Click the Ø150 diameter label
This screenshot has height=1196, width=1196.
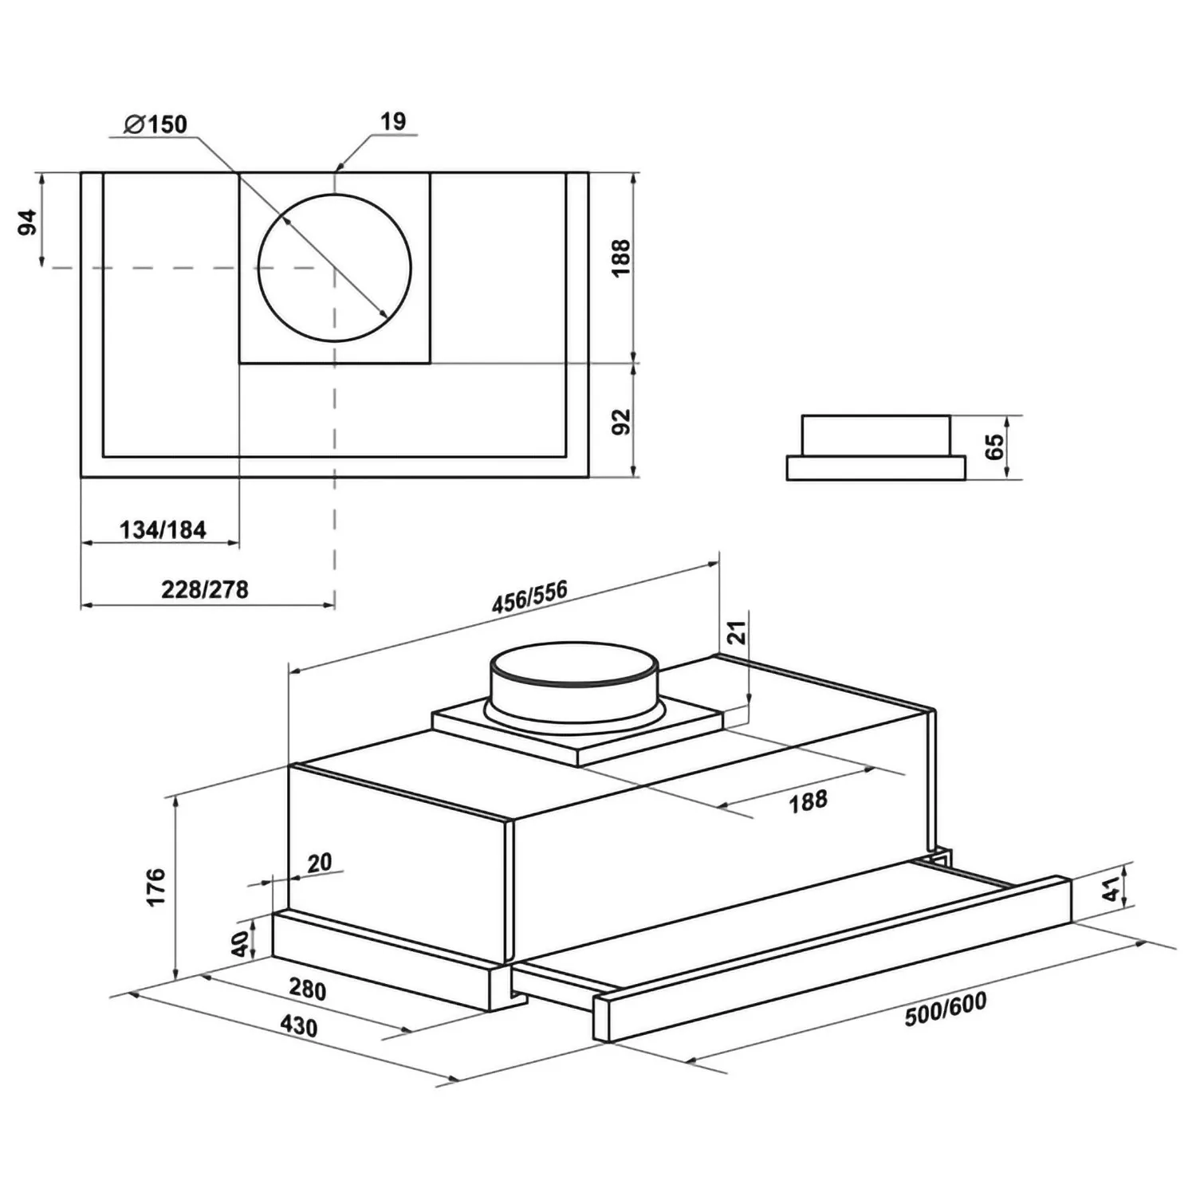point(155,124)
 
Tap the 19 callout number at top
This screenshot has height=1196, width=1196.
point(393,121)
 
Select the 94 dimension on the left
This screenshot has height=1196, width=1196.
point(28,222)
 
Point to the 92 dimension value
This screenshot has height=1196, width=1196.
point(621,421)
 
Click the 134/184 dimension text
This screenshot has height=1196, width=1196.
point(163,529)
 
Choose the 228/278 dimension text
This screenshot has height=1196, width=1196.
point(205,590)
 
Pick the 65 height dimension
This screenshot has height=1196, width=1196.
point(995,447)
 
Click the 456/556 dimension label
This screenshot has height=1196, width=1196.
point(530,596)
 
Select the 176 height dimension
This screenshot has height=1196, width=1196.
point(156,887)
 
